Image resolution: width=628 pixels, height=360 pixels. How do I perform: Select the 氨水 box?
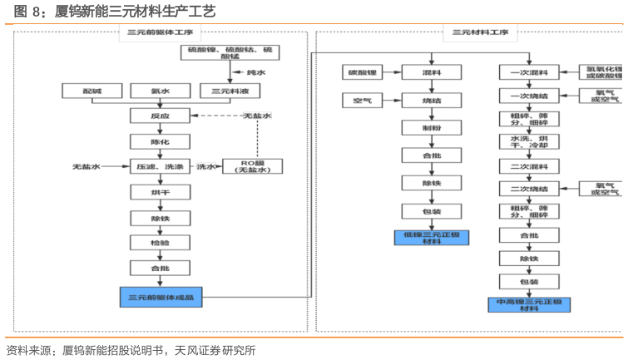[x=161, y=91]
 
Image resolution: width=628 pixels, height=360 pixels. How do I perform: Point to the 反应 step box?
[x=160, y=116]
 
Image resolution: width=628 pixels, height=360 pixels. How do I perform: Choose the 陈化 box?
[x=160, y=141]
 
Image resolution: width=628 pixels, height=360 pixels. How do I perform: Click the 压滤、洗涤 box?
[x=160, y=166]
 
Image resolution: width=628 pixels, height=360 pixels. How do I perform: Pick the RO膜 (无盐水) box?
[x=253, y=166]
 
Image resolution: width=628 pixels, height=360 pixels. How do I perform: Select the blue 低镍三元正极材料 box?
[x=431, y=238]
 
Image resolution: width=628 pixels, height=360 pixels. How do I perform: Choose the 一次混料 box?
[x=528, y=73]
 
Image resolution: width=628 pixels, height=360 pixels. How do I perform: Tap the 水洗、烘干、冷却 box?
[x=528, y=142]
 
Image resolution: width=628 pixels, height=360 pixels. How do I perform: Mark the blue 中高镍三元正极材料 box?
[x=528, y=304]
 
